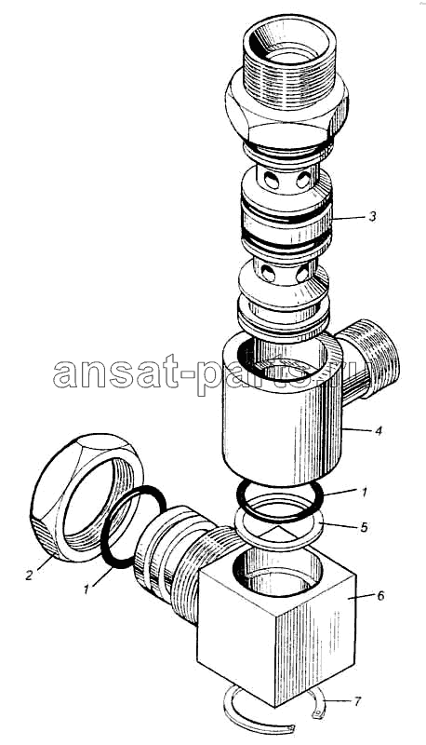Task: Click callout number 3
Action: [x=372, y=216]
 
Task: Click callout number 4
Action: [x=378, y=431]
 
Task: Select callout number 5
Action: [x=364, y=527]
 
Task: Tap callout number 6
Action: [x=380, y=595]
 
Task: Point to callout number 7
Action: [x=357, y=701]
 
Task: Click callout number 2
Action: [x=30, y=576]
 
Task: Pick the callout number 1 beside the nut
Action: [x=87, y=589]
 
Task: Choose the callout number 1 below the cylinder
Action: [x=364, y=493]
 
